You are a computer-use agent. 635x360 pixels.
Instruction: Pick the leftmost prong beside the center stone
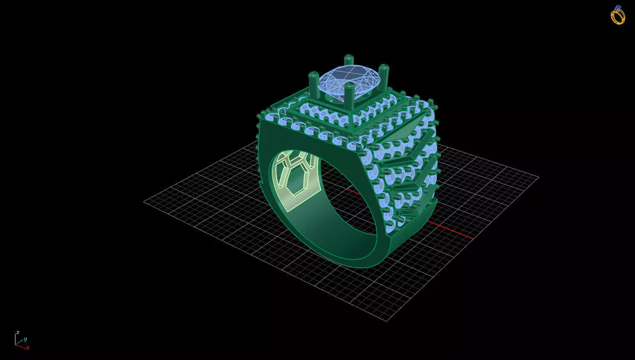(x=314, y=85)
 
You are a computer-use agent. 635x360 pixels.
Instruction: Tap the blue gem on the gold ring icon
(x=618, y=7)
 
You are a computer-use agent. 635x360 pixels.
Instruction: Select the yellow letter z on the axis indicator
(x=17, y=332)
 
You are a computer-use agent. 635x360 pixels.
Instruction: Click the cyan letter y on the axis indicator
(x=25, y=339)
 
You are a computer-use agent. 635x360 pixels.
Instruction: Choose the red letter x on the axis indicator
(x=28, y=348)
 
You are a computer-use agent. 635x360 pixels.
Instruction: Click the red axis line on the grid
(x=452, y=230)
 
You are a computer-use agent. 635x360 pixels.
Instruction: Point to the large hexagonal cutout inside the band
(x=298, y=179)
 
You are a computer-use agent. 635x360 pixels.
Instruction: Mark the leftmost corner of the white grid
(x=144, y=202)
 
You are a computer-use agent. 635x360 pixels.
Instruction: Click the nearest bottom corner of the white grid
(x=387, y=320)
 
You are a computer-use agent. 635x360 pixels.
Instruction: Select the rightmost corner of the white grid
(x=538, y=177)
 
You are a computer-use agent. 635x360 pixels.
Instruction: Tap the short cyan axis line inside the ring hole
(x=350, y=187)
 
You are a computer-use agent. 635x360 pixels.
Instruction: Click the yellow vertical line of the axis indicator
(x=16, y=339)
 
